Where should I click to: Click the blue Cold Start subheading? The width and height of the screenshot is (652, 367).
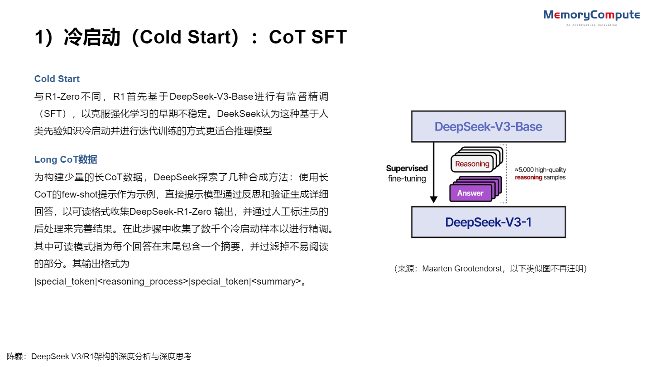57,79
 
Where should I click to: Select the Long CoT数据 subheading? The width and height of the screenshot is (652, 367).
66,159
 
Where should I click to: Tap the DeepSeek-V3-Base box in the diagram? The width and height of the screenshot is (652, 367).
488,126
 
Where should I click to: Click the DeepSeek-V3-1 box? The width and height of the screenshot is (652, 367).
488,222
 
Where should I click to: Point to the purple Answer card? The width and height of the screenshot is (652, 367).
470,193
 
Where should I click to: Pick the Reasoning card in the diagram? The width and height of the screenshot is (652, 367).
472,164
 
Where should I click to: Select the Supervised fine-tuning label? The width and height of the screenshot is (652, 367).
407,174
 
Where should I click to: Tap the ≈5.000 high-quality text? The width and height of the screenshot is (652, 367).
540,170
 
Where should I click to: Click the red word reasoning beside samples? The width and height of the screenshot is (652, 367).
528,178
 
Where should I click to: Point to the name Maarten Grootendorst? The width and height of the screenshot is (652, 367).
462,269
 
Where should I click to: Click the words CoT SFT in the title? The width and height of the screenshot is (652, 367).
308,37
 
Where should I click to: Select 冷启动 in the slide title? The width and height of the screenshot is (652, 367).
92,37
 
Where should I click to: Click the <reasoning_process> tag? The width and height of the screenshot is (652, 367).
143,281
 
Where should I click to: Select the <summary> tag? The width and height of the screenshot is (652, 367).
276,281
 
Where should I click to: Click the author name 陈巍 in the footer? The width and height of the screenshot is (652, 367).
15,357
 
